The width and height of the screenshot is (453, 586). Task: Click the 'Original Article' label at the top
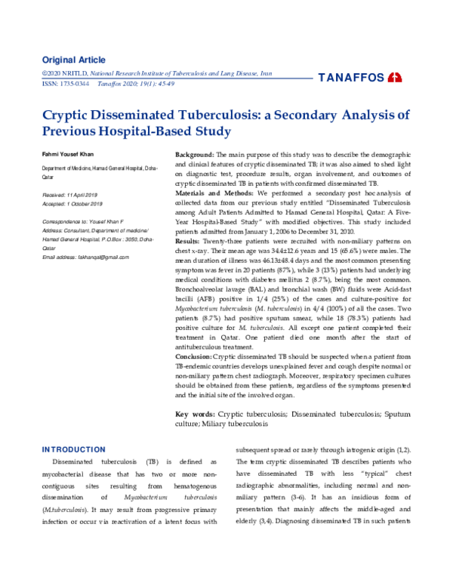(73, 60)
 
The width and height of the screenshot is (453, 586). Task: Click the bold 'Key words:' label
(195, 415)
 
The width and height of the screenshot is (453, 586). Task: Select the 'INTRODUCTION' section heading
(73, 449)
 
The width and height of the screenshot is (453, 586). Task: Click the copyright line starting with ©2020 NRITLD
(156, 73)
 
